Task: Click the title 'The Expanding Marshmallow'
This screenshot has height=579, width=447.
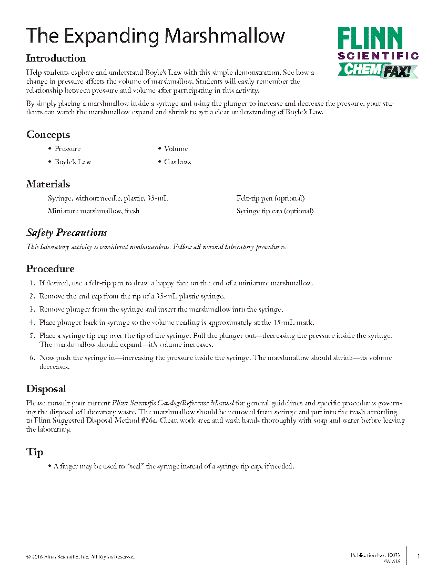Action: (156, 36)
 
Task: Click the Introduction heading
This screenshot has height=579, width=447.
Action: (56, 58)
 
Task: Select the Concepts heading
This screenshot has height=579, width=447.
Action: (48, 135)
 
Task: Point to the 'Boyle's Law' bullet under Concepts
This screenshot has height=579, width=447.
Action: (73, 162)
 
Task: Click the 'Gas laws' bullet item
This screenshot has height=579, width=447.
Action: (177, 162)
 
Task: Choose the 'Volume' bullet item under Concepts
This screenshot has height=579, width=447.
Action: (176, 149)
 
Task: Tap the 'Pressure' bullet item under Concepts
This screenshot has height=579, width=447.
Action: (67, 149)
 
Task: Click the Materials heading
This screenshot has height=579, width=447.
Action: (48, 184)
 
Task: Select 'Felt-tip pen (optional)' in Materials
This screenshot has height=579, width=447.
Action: (270, 198)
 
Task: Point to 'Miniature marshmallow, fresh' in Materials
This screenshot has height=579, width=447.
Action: (94, 211)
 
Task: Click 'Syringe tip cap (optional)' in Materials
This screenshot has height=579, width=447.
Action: (275, 211)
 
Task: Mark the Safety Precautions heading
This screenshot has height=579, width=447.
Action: (67, 233)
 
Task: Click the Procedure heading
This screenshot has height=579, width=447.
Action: (50, 269)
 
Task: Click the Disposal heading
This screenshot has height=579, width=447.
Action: (46, 389)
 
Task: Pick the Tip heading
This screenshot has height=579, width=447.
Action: (35, 452)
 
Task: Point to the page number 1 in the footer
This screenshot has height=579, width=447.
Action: (419, 556)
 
